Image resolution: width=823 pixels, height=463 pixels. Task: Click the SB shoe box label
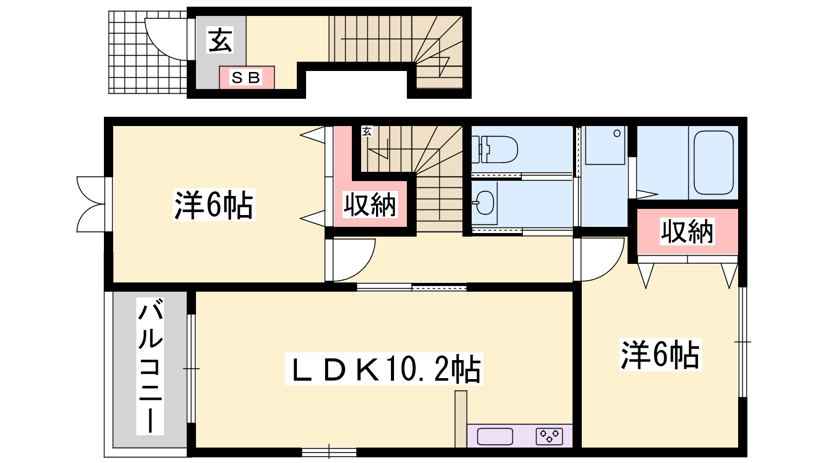click(x=246, y=78)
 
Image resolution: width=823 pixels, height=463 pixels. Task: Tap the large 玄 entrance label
click(x=220, y=40)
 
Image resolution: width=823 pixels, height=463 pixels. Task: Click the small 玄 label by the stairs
click(x=367, y=131)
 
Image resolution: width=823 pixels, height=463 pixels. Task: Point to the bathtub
click(x=713, y=162)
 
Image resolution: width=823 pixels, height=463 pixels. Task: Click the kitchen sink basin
click(x=495, y=437)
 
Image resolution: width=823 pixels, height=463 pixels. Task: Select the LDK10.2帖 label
click(x=384, y=369)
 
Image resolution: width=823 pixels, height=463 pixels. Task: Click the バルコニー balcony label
click(x=150, y=366)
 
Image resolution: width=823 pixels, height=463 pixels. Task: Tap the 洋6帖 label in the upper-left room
click(x=214, y=205)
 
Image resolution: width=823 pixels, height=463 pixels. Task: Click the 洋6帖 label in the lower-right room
click(x=660, y=354)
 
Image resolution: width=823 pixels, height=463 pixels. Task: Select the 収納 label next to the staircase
click(x=370, y=205)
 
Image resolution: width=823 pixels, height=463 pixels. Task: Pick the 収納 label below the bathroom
click(x=687, y=232)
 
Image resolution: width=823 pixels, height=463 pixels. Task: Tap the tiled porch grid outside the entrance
click(x=148, y=52)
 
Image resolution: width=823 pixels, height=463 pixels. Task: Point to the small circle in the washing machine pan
click(x=617, y=133)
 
